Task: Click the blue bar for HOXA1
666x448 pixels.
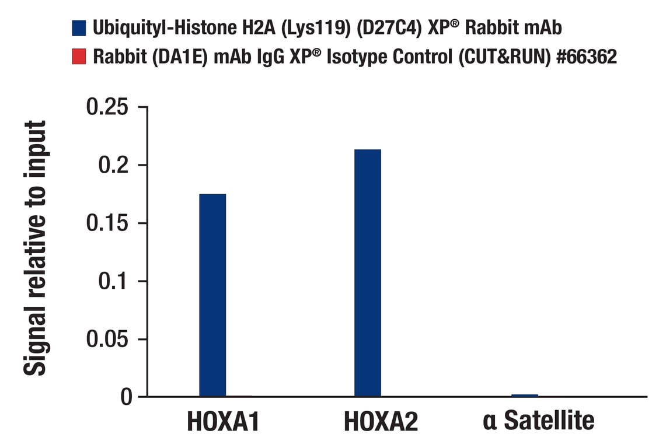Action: coord(212,295)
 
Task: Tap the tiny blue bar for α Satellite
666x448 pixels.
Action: coord(524,395)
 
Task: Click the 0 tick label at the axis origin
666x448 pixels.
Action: coord(126,397)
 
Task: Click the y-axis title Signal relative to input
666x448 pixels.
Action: coord(36,248)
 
